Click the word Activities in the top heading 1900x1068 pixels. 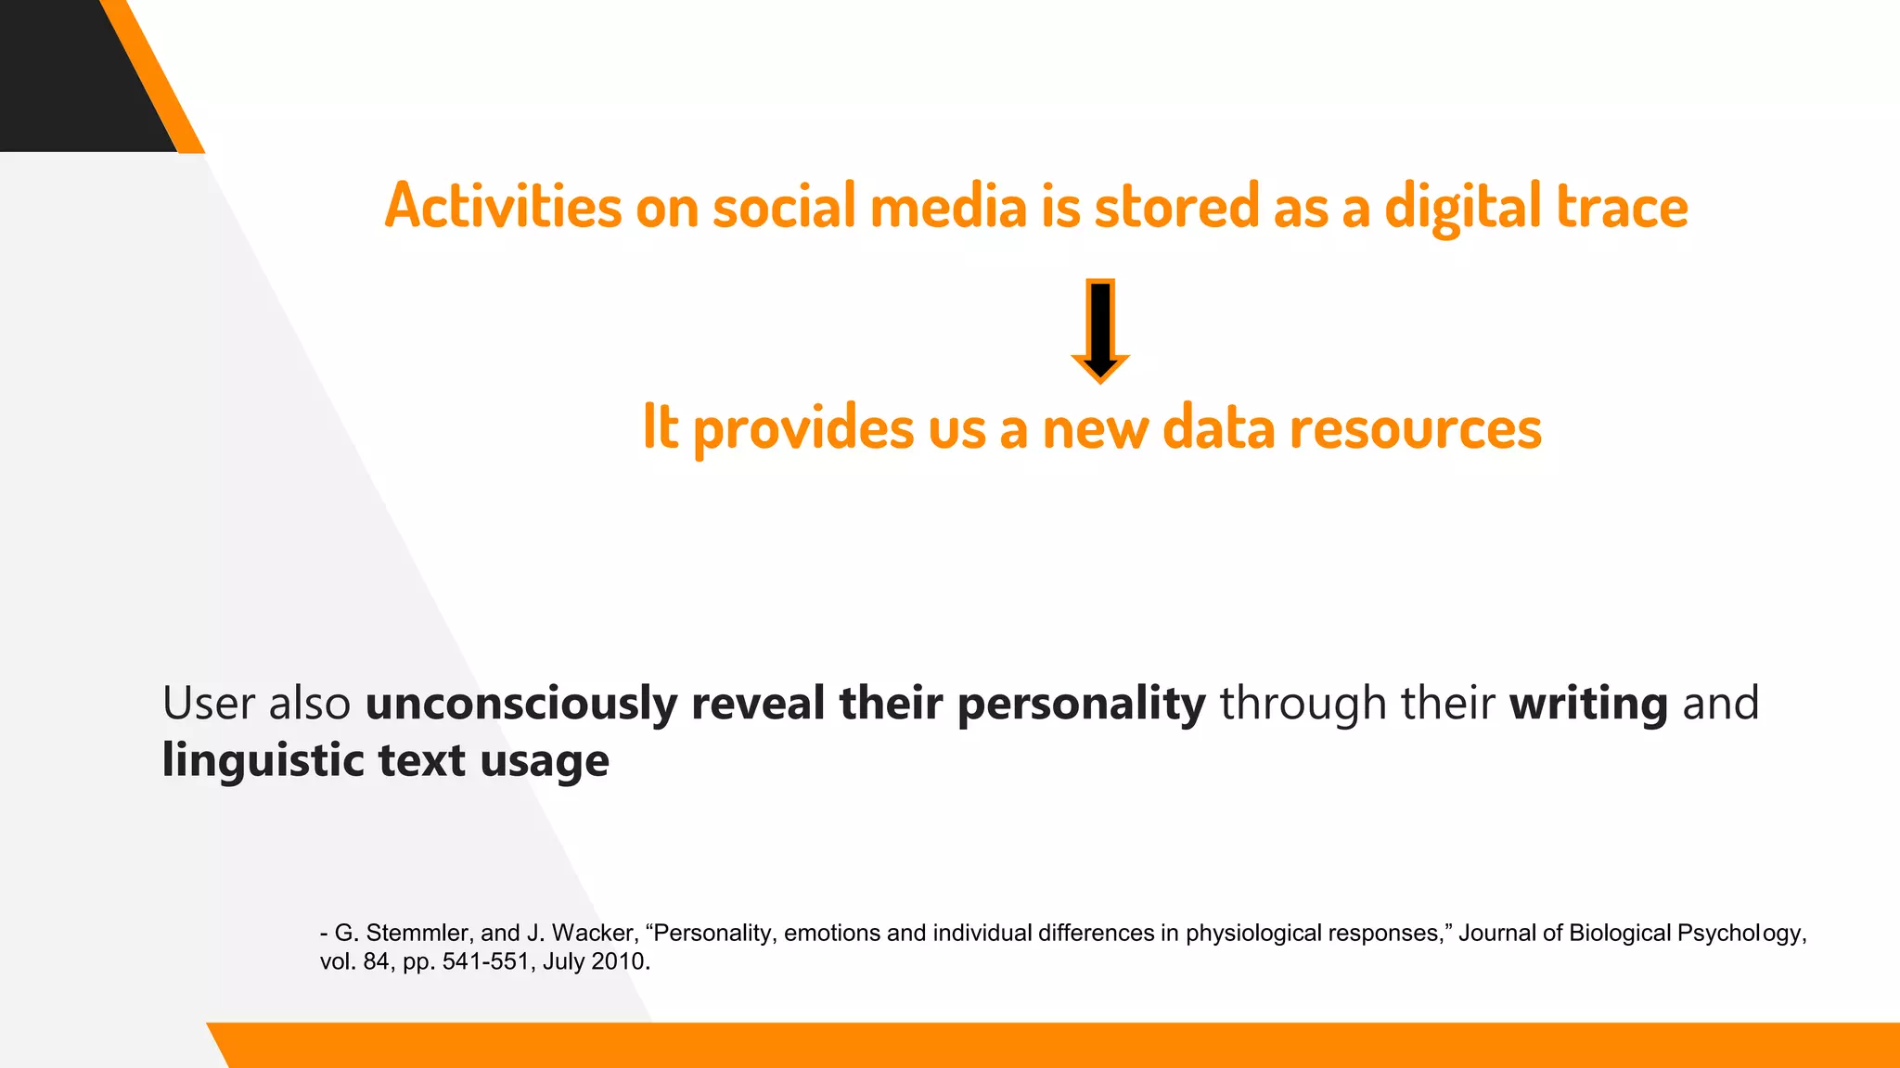click(x=503, y=206)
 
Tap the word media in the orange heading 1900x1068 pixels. click(x=948, y=206)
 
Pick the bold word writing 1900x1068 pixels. click(x=1588, y=704)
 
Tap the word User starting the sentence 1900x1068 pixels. click(x=209, y=704)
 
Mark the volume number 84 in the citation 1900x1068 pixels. click(x=376, y=962)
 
